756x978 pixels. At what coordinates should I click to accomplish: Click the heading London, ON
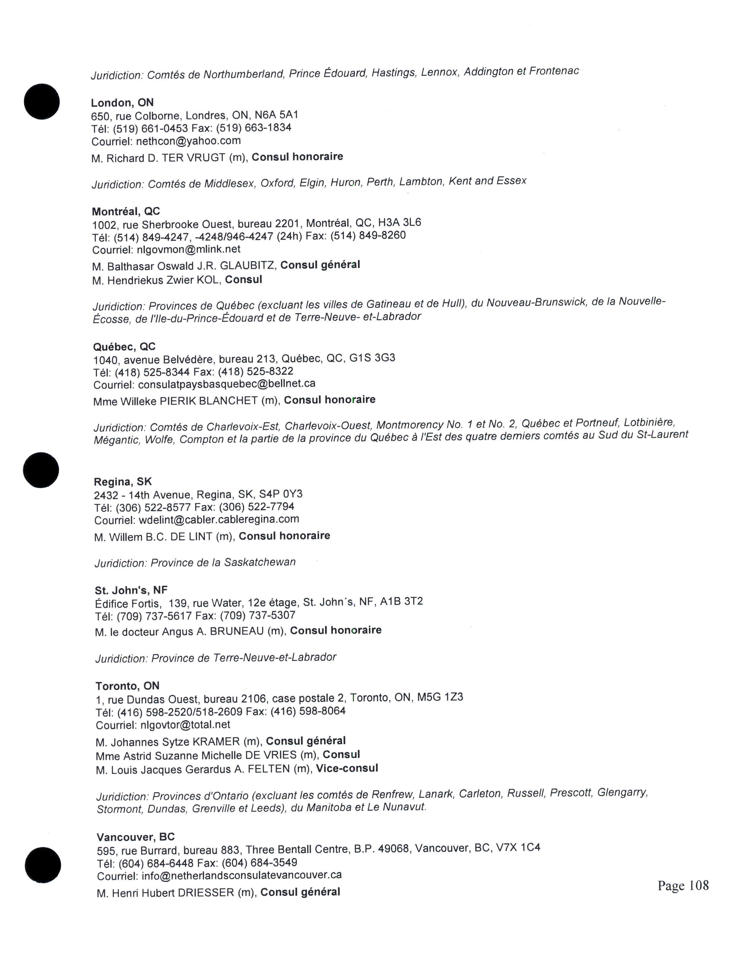coord(122,103)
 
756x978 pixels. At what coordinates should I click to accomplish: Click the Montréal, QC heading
coord(126,211)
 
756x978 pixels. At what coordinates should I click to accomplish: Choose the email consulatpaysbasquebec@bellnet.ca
coord(227,384)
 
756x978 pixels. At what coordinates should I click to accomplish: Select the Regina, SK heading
coord(123,482)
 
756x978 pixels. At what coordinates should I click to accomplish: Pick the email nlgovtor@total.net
coord(185,725)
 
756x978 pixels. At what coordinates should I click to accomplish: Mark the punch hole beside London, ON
coord(42,102)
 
